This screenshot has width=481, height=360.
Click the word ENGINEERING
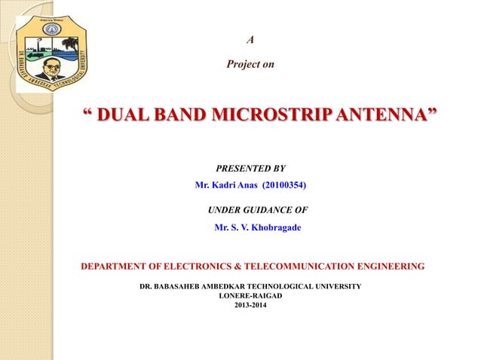[x=391, y=266]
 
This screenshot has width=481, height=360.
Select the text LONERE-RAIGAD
[x=250, y=296]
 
